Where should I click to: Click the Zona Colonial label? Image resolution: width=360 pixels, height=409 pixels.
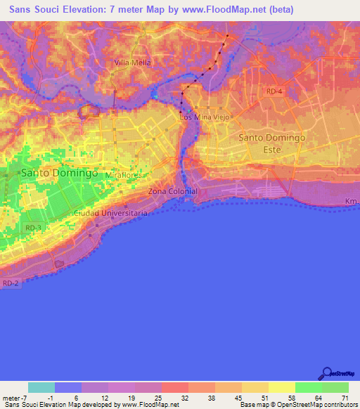[x=173, y=191]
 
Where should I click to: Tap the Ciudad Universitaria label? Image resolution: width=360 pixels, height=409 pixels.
[x=111, y=212]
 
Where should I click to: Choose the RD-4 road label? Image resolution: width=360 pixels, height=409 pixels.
[x=274, y=92]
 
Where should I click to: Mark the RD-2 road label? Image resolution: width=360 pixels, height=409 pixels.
[x=10, y=283]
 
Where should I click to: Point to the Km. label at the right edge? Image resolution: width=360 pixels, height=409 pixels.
[x=352, y=202]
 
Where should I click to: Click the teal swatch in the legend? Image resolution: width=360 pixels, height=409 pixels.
[x=41, y=387]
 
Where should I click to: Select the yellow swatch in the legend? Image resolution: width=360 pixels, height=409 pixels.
[x=281, y=387]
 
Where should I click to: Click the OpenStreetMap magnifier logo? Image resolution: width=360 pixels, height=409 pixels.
[x=327, y=373]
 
